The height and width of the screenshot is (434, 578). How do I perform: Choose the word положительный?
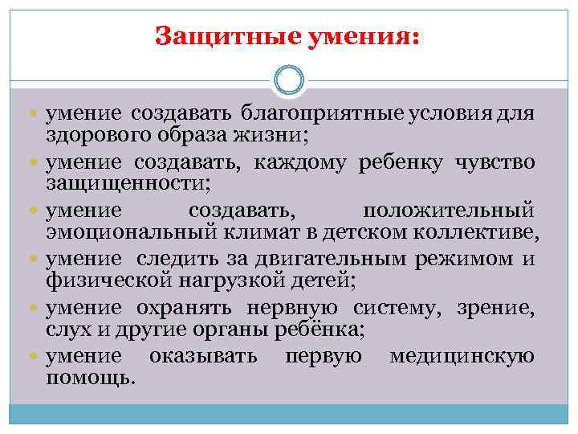point(448,211)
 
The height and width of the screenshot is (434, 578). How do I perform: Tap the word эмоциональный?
point(125,233)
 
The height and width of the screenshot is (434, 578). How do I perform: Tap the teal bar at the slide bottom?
point(289,415)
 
